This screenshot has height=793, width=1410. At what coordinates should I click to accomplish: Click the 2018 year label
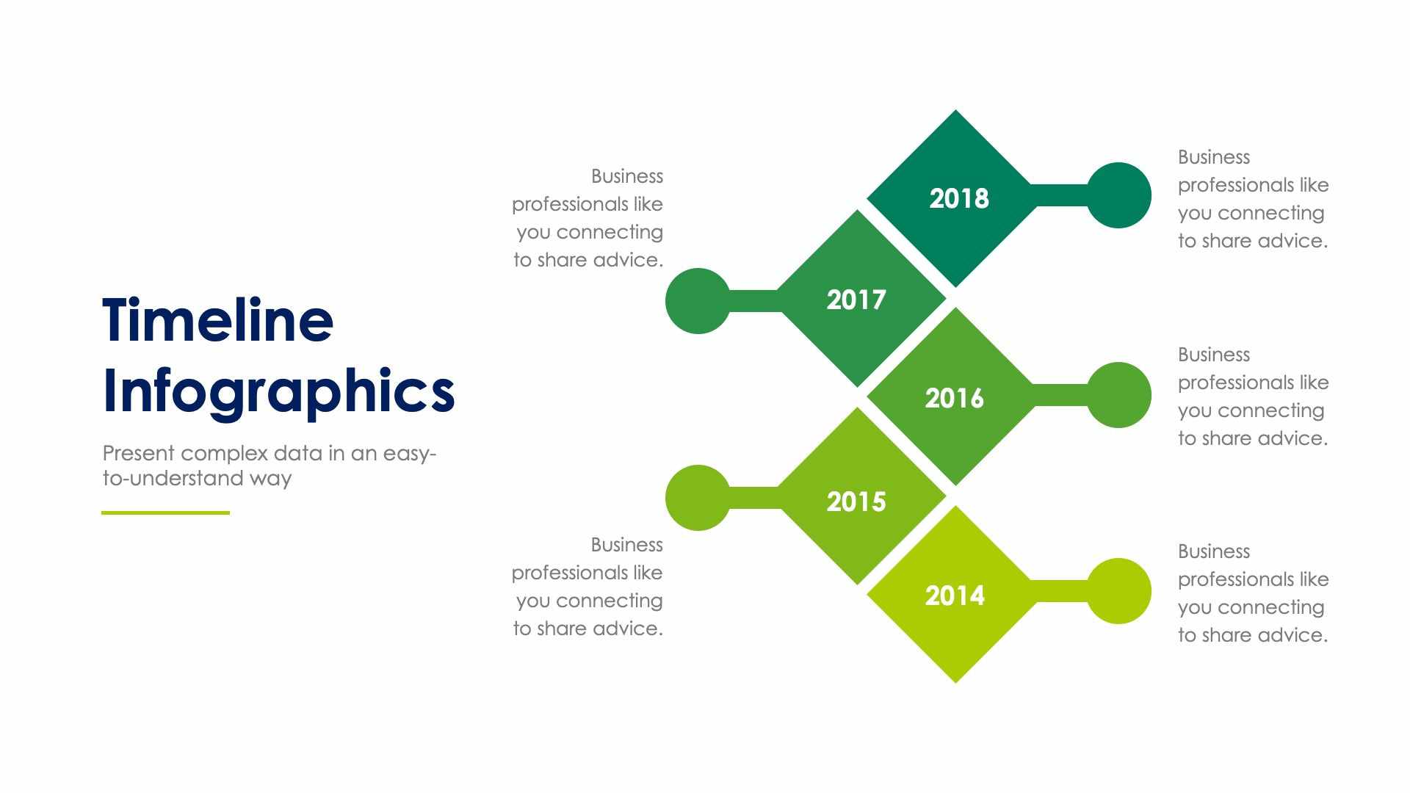click(958, 198)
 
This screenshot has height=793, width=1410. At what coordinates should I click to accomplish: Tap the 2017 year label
click(856, 300)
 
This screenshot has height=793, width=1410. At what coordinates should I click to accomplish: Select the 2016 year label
click(954, 398)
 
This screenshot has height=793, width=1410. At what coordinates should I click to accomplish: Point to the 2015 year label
click(856, 501)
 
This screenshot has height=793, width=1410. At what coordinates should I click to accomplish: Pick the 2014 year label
click(954, 595)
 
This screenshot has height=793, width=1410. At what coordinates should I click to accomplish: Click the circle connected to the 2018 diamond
click(1118, 195)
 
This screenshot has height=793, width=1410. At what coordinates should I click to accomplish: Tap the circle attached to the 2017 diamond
click(698, 301)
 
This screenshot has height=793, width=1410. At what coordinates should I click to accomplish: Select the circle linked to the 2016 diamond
click(1118, 395)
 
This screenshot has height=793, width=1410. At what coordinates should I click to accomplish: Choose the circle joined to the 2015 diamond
click(698, 498)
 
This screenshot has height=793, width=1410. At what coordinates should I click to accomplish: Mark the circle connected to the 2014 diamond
click(1118, 591)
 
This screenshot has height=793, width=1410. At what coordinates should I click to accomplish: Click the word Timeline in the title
click(218, 320)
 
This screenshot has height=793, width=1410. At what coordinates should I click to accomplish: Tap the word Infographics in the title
click(278, 391)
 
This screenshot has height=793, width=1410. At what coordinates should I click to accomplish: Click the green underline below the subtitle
click(165, 513)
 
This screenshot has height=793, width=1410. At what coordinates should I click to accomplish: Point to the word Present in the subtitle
click(139, 453)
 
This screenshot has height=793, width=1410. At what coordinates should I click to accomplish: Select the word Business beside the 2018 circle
click(1213, 157)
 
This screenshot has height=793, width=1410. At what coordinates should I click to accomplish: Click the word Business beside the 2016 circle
click(1213, 355)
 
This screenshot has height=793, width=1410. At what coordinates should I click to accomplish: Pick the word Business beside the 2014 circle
click(1213, 551)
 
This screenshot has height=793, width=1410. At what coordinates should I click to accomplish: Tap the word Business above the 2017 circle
click(626, 176)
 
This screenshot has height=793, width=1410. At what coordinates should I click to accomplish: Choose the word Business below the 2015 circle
click(626, 545)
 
